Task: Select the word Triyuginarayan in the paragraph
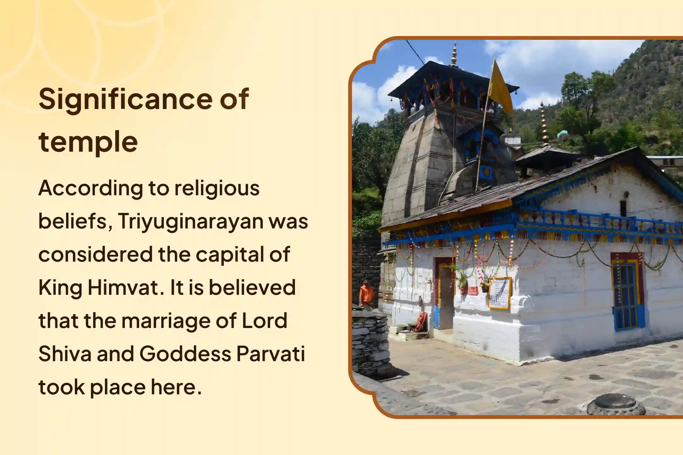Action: tap(191, 221)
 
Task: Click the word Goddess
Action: tap(185, 354)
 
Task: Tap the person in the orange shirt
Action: tap(366, 292)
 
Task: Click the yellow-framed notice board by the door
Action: tap(500, 293)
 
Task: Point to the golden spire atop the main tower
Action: tap(454, 55)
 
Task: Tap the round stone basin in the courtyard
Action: tap(616, 405)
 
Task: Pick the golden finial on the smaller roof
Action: tap(545, 123)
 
